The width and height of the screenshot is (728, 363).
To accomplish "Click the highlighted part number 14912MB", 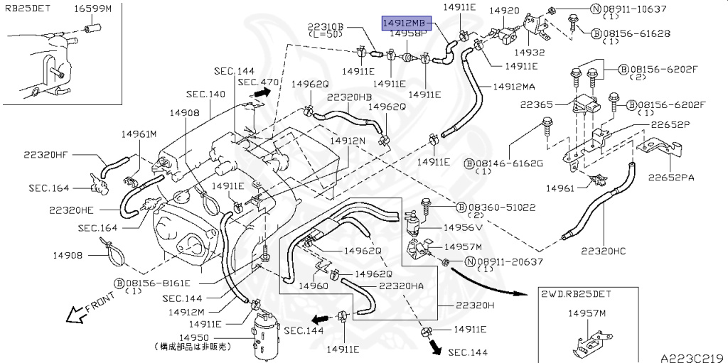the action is (x=407, y=22).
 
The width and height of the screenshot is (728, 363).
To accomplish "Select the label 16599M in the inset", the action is (x=93, y=9).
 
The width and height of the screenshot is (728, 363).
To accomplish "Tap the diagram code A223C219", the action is (x=694, y=358).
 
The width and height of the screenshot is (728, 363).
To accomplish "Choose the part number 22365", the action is (x=553, y=105).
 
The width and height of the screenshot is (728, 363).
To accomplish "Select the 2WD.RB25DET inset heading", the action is (x=576, y=294).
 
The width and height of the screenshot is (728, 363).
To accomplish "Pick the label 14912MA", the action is (x=514, y=87).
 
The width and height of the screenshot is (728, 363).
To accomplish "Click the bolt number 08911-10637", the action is (x=635, y=9).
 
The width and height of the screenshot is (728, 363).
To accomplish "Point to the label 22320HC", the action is (x=603, y=251).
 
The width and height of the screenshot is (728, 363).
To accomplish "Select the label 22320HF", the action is (x=45, y=155).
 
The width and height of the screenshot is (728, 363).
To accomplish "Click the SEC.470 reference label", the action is (x=258, y=82).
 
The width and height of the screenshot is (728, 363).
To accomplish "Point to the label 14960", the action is (x=313, y=286).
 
